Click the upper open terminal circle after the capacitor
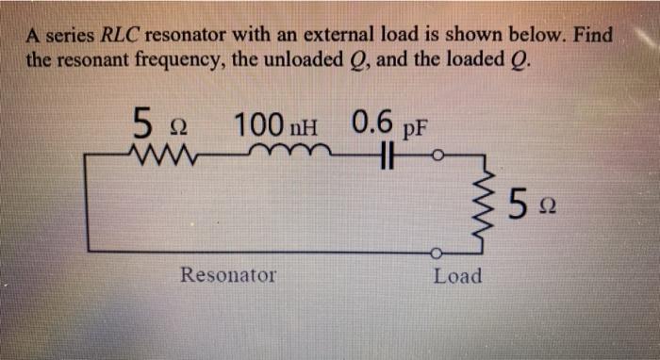pos(437,155)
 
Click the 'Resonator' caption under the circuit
pos(229,276)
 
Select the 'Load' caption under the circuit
pos(457,276)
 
